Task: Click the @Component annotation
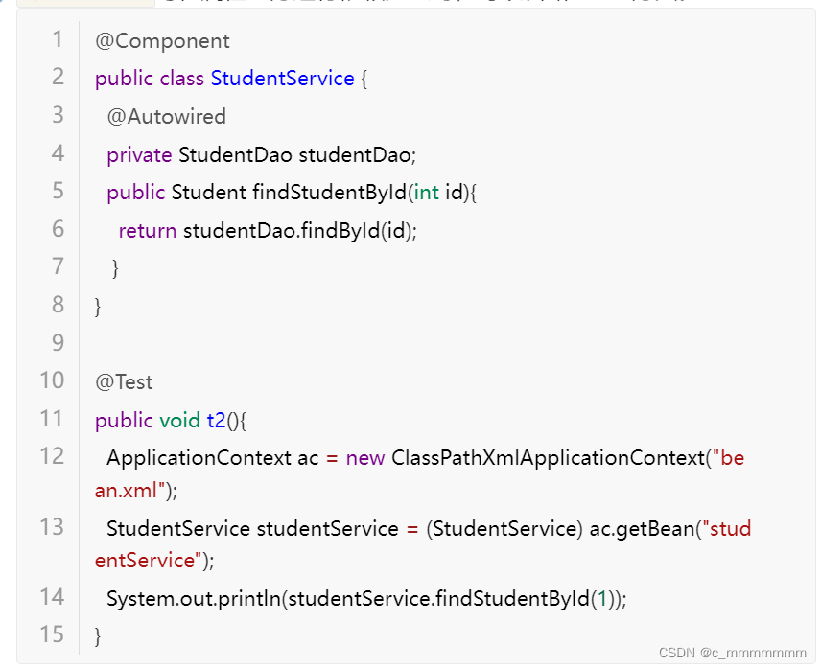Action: (162, 41)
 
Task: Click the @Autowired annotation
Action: (166, 117)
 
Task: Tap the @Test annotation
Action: (124, 382)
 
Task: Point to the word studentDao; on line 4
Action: (358, 155)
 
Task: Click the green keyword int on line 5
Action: (427, 193)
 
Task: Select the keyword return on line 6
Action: (147, 231)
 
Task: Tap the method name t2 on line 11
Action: (217, 421)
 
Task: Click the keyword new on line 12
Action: (365, 458)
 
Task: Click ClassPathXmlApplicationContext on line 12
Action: (548, 458)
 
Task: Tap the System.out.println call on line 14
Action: (196, 599)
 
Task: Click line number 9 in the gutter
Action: (58, 342)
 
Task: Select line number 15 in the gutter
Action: (52, 634)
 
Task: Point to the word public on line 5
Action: (135, 193)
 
